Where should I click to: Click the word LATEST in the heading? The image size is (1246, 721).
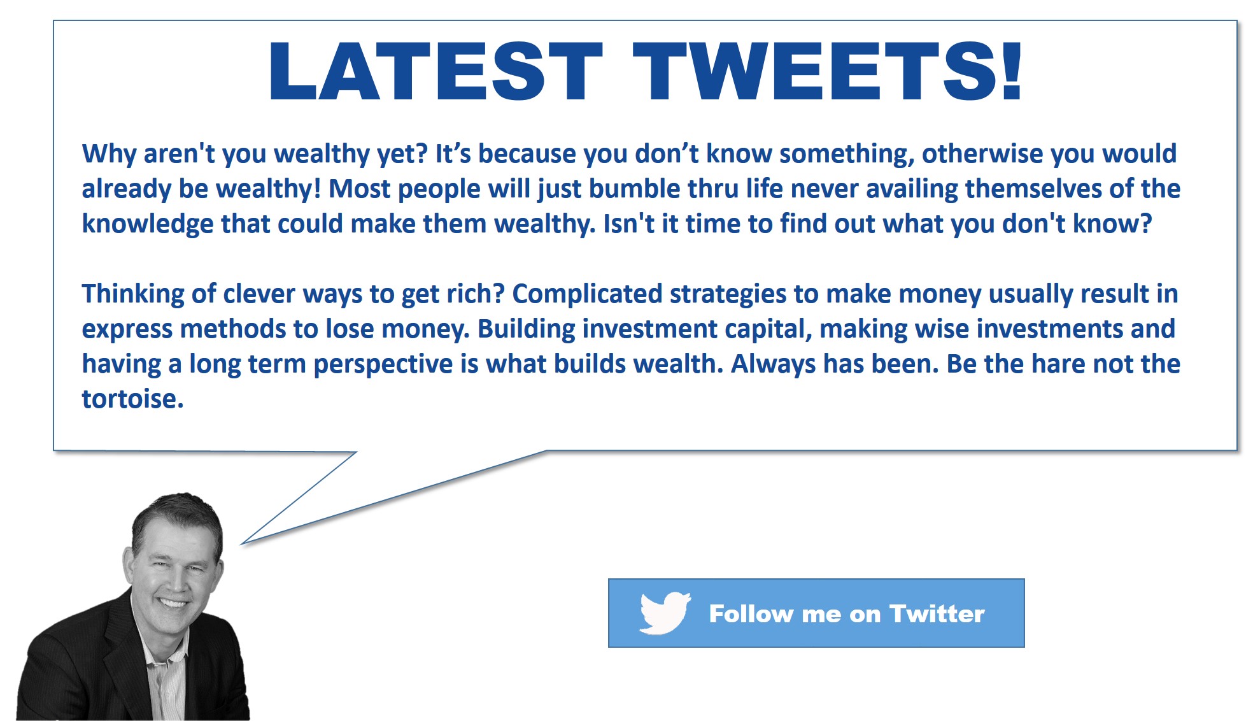click(x=436, y=71)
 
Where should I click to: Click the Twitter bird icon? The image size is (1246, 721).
click(x=665, y=613)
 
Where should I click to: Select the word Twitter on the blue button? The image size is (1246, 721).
click(x=937, y=613)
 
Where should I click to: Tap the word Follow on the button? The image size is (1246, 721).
click(x=751, y=613)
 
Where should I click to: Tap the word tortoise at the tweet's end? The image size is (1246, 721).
click(x=132, y=399)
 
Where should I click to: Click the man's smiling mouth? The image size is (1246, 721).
click(x=173, y=603)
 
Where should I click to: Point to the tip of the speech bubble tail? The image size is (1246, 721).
click(x=241, y=545)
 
